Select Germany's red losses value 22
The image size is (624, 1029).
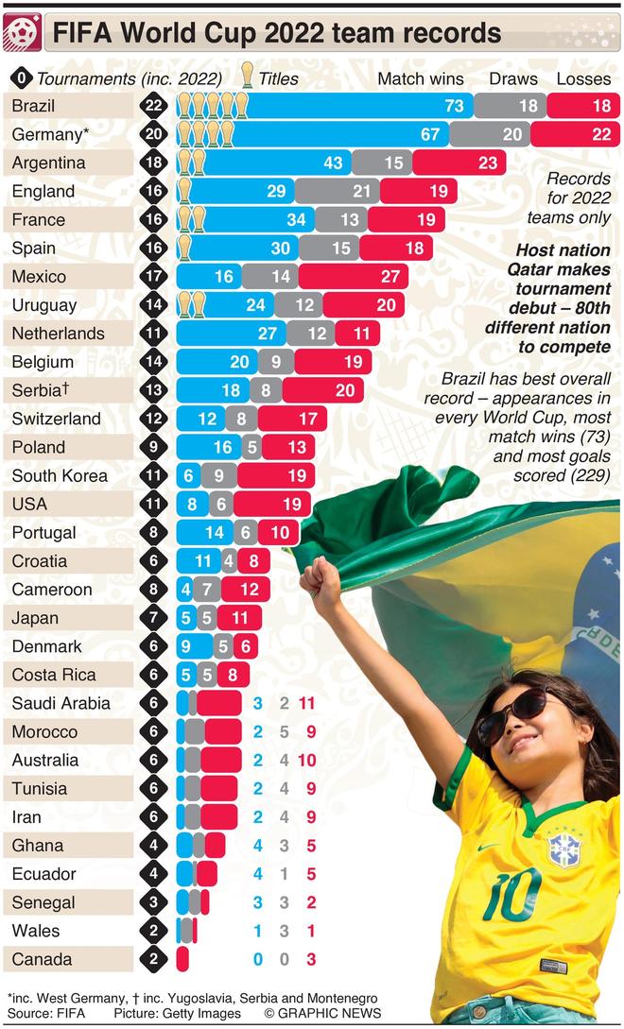[601, 134]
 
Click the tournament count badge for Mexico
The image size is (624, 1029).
[154, 277]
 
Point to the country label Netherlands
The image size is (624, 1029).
[59, 334]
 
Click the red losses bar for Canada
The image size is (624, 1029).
[182, 959]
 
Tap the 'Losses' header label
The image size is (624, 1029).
[583, 79]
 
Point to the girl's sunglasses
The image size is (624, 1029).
[512, 714]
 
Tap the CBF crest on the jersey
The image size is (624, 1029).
[564, 848]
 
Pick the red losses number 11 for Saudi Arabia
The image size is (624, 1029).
[305, 703]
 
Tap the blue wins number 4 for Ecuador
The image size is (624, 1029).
[257, 874]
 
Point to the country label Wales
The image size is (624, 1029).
[36, 931]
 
